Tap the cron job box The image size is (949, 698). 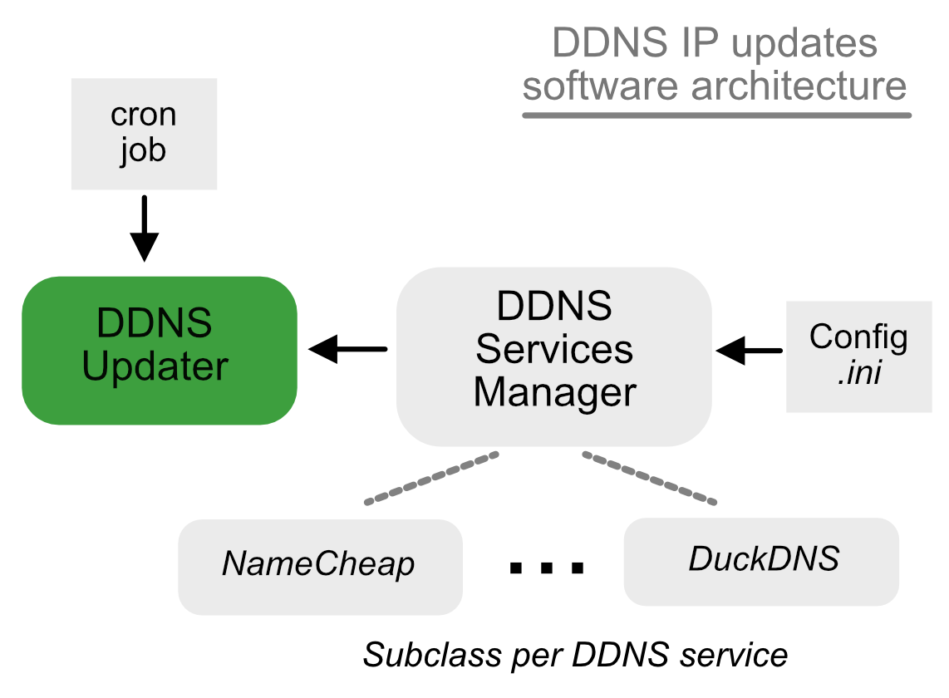144,134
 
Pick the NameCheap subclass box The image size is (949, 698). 320,566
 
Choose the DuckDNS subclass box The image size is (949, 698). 761,561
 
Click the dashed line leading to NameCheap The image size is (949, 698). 431,478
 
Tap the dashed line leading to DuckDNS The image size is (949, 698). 649,478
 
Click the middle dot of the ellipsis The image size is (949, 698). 546,568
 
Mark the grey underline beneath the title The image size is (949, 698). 715,114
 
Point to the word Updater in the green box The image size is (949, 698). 155,367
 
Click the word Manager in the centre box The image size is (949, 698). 554,392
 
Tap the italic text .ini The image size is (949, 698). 858,374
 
